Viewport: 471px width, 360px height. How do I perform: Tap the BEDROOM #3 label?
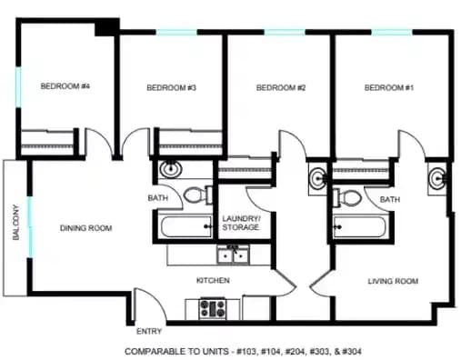tap(172, 88)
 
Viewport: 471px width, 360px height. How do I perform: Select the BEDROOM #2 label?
tap(280, 88)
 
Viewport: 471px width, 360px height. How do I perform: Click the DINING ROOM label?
tap(86, 228)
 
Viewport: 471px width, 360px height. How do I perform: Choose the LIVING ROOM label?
tap(393, 282)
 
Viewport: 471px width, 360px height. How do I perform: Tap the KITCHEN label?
tap(212, 280)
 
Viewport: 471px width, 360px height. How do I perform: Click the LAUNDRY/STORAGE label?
tap(242, 223)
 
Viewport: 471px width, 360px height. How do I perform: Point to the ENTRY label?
tap(149, 331)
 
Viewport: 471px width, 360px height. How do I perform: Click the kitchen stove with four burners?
tap(213, 308)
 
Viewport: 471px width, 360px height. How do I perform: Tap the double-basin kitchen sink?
tap(231, 254)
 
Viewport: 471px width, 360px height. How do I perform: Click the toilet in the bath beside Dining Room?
tap(195, 194)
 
